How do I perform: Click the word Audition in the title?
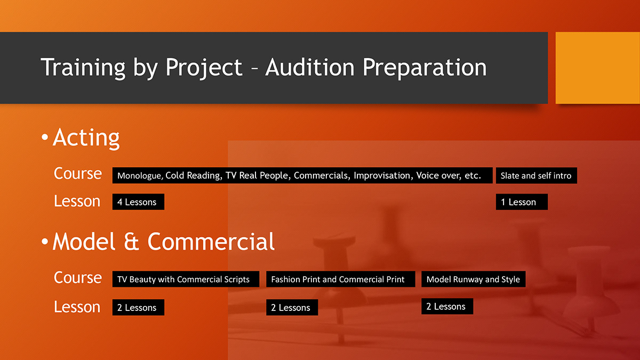click(x=310, y=68)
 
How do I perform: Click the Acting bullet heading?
click(x=86, y=138)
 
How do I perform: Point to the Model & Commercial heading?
click(x=163, y=242)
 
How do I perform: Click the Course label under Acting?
click(x=78, y=174)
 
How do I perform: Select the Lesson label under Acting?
click(x=77, y=202)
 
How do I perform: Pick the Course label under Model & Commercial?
click(x=78, y=278)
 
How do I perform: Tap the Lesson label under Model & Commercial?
click(x=77, y=307)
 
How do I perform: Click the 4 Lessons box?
click(x=138, y=202)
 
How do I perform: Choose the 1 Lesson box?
click(x=522, y=202)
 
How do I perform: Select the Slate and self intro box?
click(x=536, y=175)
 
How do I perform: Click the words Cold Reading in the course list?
click(x=193, y=175)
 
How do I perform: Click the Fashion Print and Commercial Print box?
click(x=340, y=279)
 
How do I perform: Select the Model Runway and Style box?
click(x=473, y=279)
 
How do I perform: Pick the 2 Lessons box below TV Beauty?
click(x=138, y=308)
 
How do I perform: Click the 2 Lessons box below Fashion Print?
click(x=292, y=308)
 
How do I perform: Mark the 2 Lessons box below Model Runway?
click(x=447, y=307)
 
